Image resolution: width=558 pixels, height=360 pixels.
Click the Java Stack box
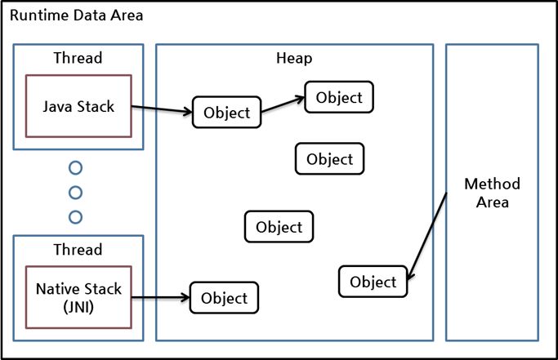78,105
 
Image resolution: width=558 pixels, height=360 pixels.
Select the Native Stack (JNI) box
78,297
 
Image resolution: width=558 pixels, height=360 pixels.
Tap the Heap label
294,59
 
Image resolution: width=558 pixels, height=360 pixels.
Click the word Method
491,184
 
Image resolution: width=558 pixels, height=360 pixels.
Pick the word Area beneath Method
492,202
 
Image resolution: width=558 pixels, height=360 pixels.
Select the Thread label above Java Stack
78,59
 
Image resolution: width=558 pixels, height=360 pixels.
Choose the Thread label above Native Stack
78,250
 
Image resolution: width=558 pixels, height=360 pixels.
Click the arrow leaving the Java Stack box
161,109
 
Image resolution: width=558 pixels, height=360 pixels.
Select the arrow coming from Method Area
426,237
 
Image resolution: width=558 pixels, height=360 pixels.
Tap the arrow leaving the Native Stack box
160,298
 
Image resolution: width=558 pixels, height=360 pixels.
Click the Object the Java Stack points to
227,113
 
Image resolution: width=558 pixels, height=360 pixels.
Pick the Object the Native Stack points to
224,298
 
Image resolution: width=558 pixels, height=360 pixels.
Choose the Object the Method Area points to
373,282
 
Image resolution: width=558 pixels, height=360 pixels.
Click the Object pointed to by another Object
339,97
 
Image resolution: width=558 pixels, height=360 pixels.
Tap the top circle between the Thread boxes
76,168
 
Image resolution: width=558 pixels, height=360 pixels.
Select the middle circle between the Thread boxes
76,193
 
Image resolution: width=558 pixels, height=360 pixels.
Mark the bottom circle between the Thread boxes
76,216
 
